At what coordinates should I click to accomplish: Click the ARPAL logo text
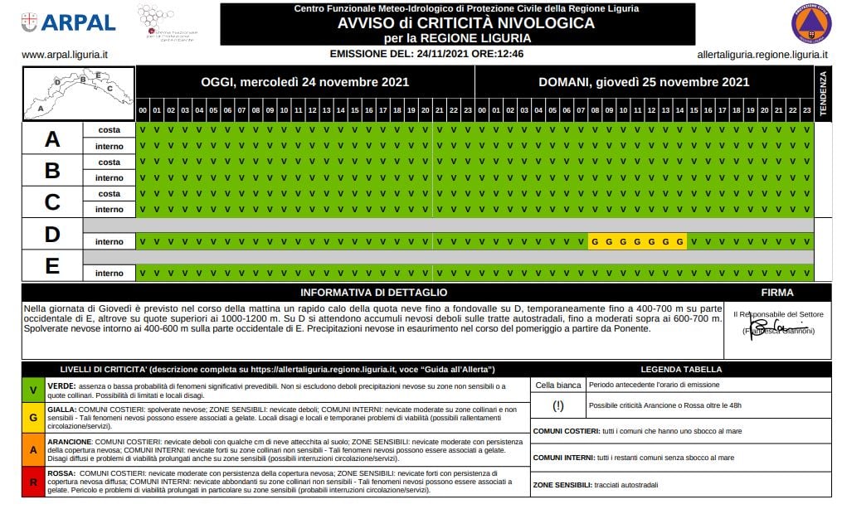pos(78,22)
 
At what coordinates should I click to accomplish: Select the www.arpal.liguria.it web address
pos(65,55)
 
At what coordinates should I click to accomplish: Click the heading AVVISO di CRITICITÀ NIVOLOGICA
pos(465,23)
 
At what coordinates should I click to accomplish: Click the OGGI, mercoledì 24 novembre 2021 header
pos(304,82)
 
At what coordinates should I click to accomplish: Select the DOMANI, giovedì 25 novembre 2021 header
pos(644,82)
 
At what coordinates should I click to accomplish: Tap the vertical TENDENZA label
pos(823,95)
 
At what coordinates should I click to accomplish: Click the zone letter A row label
pos(52,138)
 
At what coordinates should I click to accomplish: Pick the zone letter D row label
pos(52,234)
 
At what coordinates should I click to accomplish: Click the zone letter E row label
pos(52,265)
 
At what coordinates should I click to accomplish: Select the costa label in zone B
pos(109,162)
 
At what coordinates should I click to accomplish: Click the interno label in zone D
pos(109,241)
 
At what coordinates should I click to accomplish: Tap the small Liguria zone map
pos(78,94)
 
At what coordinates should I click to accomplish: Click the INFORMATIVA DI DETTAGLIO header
pos(373,292)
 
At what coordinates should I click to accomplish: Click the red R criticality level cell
pos(32,482)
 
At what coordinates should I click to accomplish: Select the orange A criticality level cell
pos(32,449)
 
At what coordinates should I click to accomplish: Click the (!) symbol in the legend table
pos(557,405)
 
